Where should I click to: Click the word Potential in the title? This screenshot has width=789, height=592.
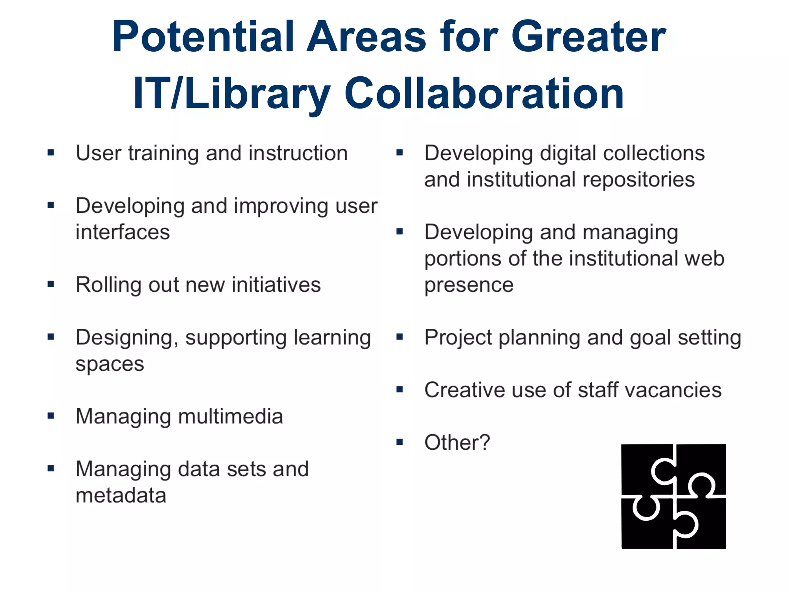tap(203, 37)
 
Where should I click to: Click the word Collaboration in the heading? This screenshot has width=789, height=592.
tap(484, 94)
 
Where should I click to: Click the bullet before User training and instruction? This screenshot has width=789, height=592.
tap(51, 153)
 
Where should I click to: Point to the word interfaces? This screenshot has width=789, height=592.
tap(123, 232)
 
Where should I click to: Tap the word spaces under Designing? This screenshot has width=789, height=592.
tap(110, 364)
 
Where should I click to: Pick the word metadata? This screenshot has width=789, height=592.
tap(121, 496)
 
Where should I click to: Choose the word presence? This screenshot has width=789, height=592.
tap(469, 285)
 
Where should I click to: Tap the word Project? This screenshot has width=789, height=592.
tap(458, 338)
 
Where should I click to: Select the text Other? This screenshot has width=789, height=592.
tap(457, 442)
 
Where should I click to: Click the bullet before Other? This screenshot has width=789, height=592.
tap(400, 442)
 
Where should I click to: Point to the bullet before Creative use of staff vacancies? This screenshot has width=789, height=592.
tap(400, 390)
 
